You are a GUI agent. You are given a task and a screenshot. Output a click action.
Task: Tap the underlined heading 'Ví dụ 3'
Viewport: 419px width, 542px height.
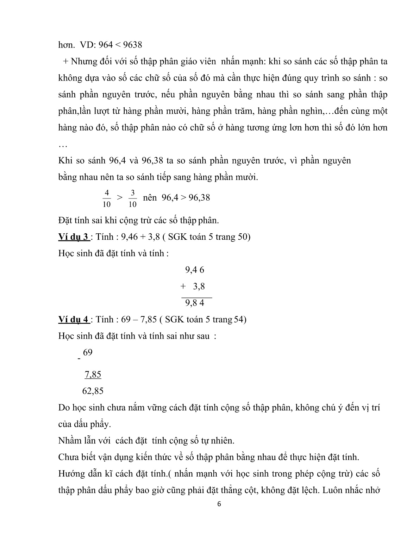(74, 237)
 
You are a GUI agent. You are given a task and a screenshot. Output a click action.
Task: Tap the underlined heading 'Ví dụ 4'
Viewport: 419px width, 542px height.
(74, 320)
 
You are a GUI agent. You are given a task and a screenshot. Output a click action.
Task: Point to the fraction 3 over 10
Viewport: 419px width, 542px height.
(133, 198)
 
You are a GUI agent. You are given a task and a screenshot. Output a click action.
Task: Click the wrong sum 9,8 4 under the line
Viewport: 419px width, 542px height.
(194, 303)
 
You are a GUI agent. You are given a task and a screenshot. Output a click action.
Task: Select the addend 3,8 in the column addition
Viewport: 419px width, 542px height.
(199, 286)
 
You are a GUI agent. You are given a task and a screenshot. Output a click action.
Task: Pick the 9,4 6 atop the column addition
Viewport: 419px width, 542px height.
(194, 270)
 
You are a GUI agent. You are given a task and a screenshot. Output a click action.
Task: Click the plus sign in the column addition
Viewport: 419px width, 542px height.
(183, 286)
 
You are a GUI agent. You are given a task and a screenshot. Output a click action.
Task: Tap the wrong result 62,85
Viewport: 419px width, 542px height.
(93, 391)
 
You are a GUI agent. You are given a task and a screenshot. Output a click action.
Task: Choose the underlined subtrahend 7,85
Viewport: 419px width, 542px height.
(93, 374)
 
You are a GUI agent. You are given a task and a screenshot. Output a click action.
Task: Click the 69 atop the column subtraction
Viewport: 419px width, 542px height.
(88, 352)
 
